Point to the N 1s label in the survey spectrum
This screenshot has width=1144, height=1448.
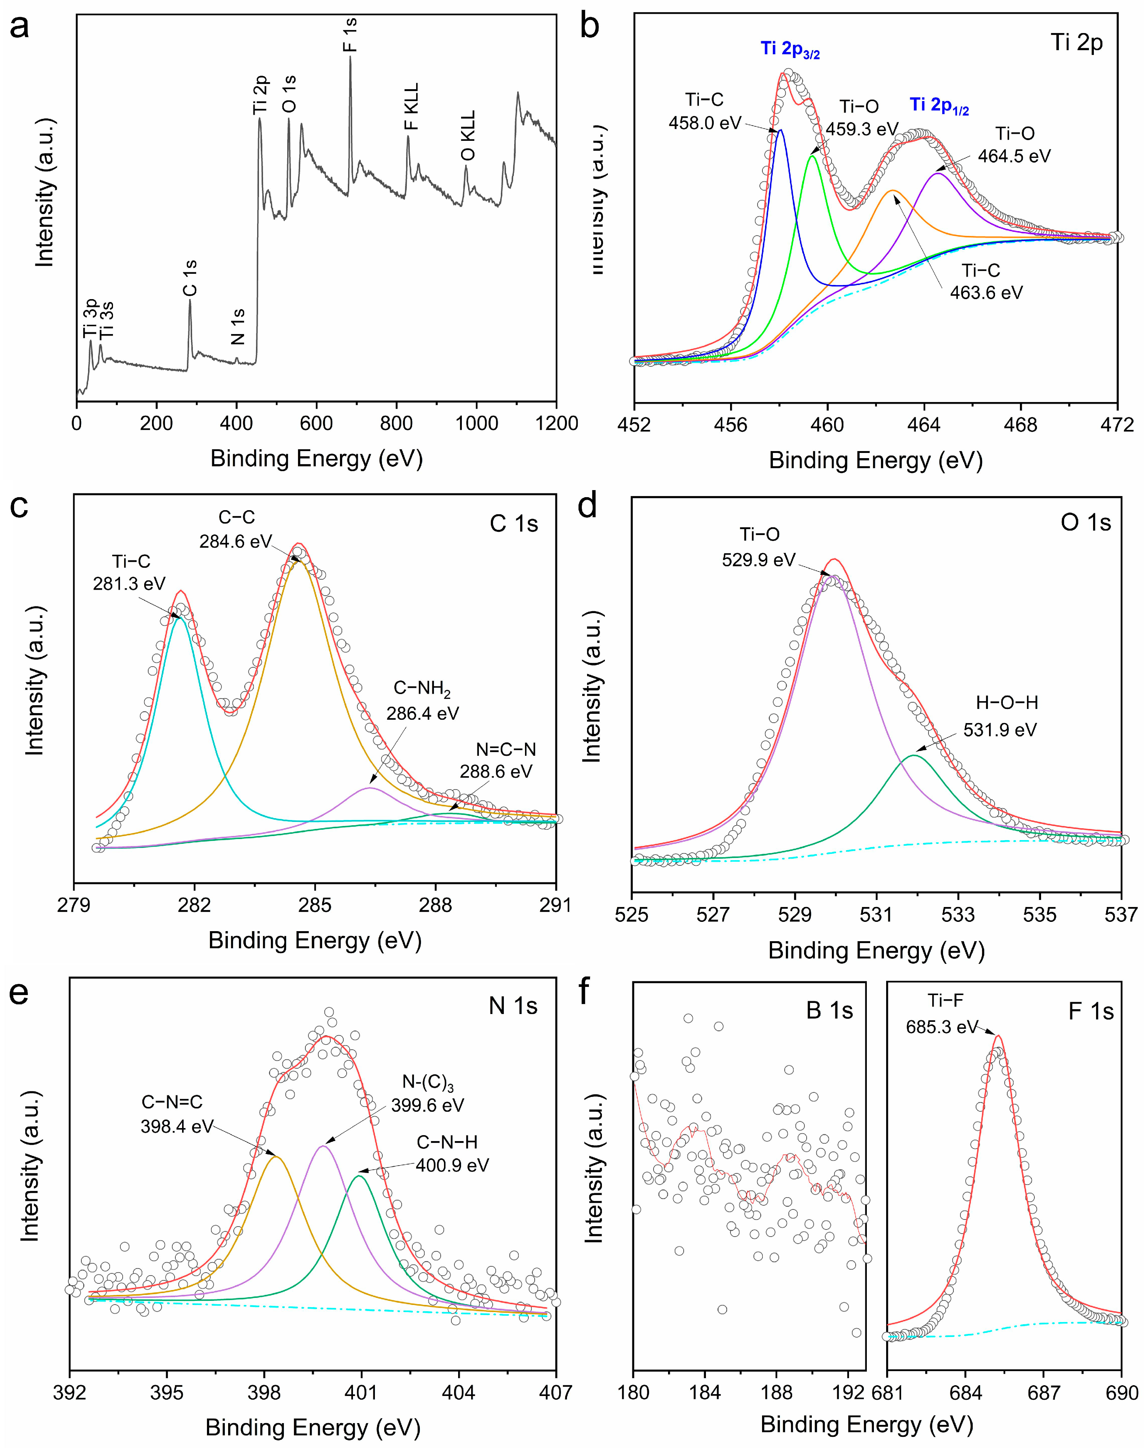pos(238,326)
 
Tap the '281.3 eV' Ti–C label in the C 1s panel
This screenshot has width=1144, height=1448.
pos(129,583)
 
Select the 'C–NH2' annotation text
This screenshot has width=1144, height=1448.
pos(422,689)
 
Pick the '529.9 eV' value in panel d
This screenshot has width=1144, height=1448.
pos(758,559)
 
